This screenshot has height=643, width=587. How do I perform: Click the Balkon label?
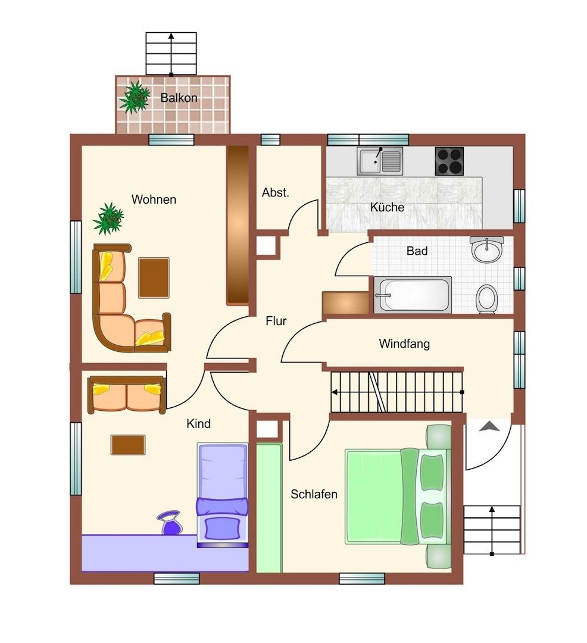pyautogui.click(x=179, y=98)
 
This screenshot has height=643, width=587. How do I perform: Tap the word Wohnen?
pyautogui.click(x=154, y=199)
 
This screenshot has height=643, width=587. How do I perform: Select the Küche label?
pyautogui.click(x=387, y=207)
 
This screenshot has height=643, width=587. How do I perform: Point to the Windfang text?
pyautogui.click(x=404, y=344)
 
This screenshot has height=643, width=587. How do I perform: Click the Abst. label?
pyautogui.click(x=276, y=192)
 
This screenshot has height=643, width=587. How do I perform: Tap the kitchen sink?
pyautogui.click(x=380, y=161)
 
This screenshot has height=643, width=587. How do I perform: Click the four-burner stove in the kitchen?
pyautogui.click(x=449, y=161)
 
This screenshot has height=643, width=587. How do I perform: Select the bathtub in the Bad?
pyautogui.click(x=413, y=295)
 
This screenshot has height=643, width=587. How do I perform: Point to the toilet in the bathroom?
pyautogui.click(x=486, y=299)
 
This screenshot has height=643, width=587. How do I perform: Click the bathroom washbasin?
pyautogui.click(x=486, y=249)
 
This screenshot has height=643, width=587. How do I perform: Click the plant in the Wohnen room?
pyautogui.click(x=108, y=219)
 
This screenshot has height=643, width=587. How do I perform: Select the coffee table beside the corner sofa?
pyautogui.click(x=154, y=277)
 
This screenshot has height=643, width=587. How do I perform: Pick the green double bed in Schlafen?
pyautogui.click(x=398, y=497)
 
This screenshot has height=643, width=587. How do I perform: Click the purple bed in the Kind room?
pyautogui.click(x=223, y=495)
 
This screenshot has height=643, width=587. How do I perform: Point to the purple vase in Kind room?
pyautogui.click(x=169, y=523)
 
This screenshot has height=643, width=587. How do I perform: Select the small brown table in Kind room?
pyautogui.click(x=128, y=445)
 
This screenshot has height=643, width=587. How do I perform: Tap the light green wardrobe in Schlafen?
pyautogui.click(x=269, y=508)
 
